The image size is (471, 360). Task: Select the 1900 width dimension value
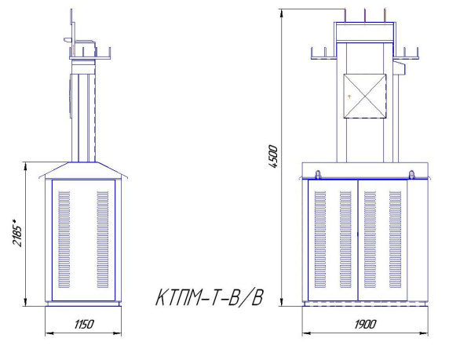coord(366,324)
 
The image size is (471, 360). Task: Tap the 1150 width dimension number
coord(83,324)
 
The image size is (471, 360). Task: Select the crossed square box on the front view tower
coord(365,95)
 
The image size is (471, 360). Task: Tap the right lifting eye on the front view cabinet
coord(413,173)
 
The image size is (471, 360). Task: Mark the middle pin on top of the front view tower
coord(366,16)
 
